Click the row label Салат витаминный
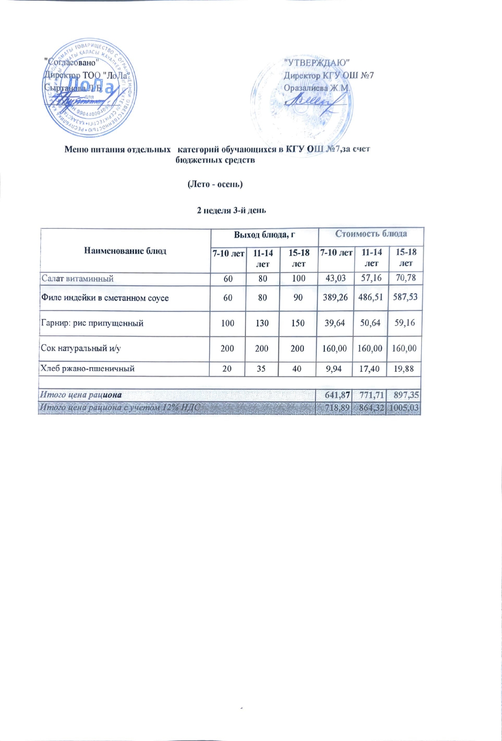point(77,279)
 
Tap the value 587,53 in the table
point(405,297)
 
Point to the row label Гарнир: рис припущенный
point(92,323)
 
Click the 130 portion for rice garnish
point(262,323)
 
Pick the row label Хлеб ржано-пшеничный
point(87,369)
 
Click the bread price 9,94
point(334,369)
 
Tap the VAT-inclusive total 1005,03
point(404,408)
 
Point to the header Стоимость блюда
point(371,234)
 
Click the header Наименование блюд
point(125,251)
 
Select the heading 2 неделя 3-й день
point(231,210)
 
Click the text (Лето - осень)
point(215,184)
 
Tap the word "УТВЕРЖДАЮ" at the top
point(317,62)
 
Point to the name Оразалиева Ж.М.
point(317,88)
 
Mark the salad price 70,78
point(405,278)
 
